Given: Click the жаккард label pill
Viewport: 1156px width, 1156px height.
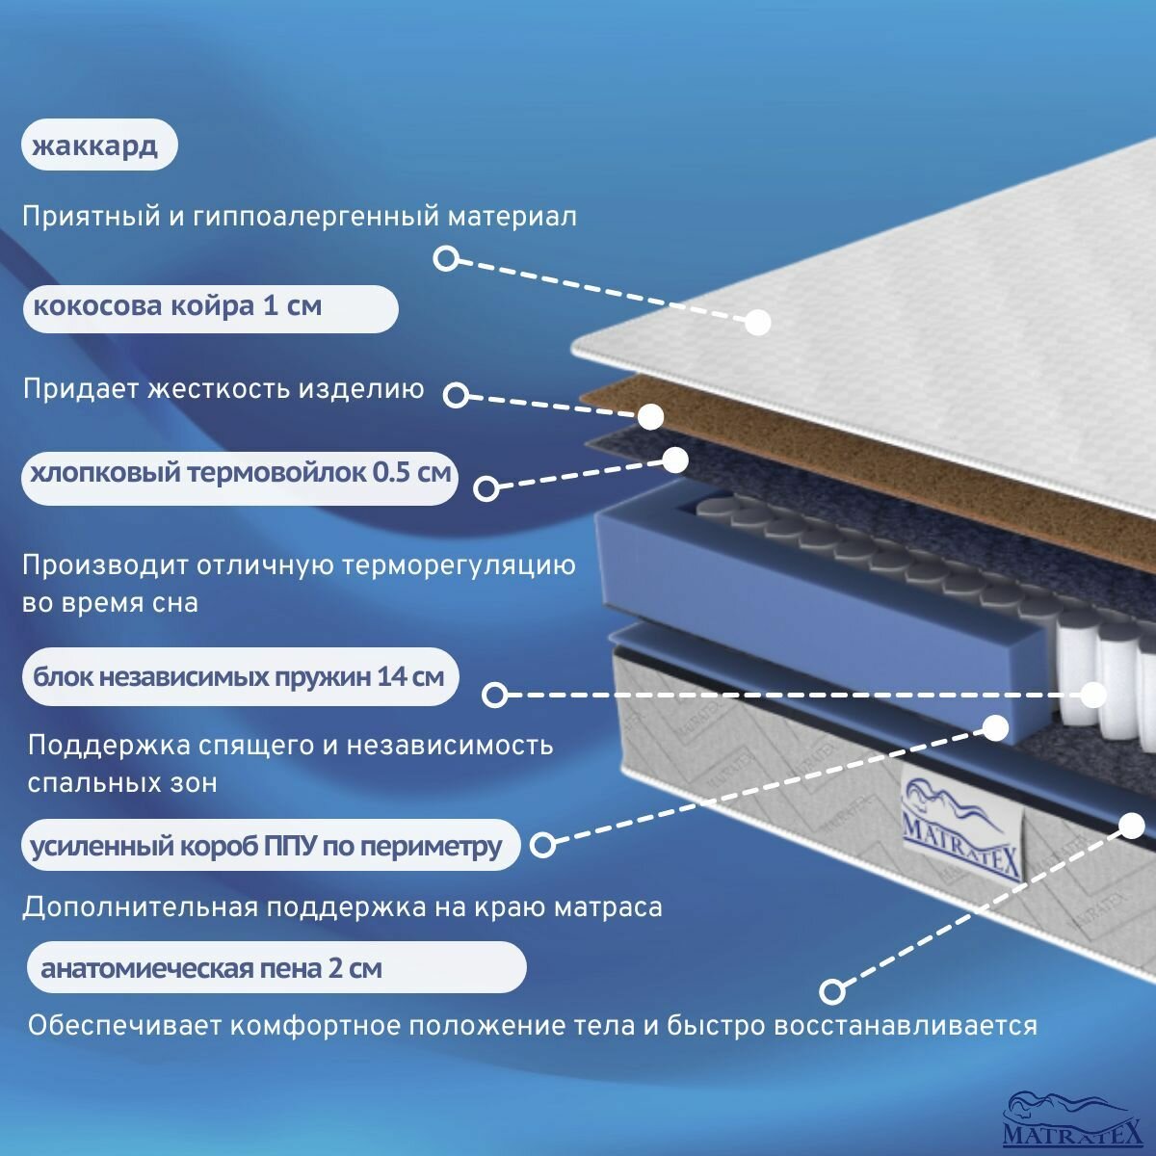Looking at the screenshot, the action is pyautogui.click(x=98, y=145).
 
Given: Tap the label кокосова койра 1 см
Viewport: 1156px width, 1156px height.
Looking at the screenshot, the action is pyautogui.click(x=210, y=308).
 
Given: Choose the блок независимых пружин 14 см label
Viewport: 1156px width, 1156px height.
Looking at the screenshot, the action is pyautogui.click(x=239, y=676).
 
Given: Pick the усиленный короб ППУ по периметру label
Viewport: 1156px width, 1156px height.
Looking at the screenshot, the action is pyautogui.click(x=270, y=846).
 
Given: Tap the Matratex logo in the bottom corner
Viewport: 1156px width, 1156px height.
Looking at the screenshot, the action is pyautogui.click(x=1072, y=1119).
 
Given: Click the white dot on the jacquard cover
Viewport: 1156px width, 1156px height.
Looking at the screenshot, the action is pyautogui.click(x=758, y=322).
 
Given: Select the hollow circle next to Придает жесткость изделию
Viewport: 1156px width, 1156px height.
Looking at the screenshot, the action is pyautogui.click(x=456, y=394).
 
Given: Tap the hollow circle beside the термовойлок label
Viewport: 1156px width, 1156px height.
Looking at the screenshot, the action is pyautogui.click(x=487, y=488).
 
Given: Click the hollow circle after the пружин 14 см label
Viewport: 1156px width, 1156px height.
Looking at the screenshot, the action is pyautogui.click(x=494, y=695).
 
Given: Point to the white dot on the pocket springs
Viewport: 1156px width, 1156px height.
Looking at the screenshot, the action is pyautogui.click(x=1094, y=695).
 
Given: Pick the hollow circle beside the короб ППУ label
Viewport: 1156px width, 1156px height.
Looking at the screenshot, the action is pyautogui.click(x=543, y=845).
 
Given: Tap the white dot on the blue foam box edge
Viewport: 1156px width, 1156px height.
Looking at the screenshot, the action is pyautogui.click(x=995, y=727).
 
